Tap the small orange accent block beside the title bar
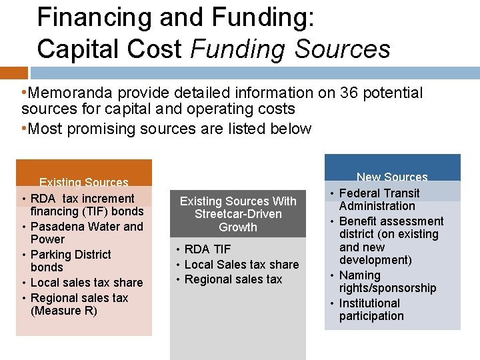(x=13, y=73)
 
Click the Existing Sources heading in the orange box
(x=84, y=182)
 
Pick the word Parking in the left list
(x=51, y=255)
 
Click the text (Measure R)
(x=64, y=311)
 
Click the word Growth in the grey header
(x=238, y=227)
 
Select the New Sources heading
(x=392, y=177)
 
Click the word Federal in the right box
(x=360, y=193)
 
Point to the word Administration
(x=377, y=206)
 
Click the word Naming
(x=360, y=275)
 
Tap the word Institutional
(x=369, y=303)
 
